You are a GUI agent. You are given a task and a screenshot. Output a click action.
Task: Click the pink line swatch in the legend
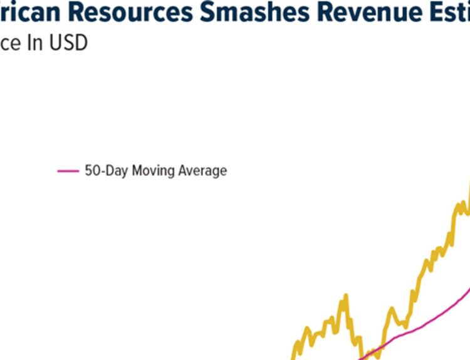click(68, 170)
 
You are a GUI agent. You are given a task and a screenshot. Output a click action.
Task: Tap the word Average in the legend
click(202, 170)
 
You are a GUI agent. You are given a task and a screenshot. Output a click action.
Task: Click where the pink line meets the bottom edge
click(360, 358)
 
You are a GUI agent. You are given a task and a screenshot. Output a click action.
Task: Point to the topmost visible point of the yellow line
click(469, 182)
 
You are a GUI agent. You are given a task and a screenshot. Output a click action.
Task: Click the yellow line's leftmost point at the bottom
click(293, 357)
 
